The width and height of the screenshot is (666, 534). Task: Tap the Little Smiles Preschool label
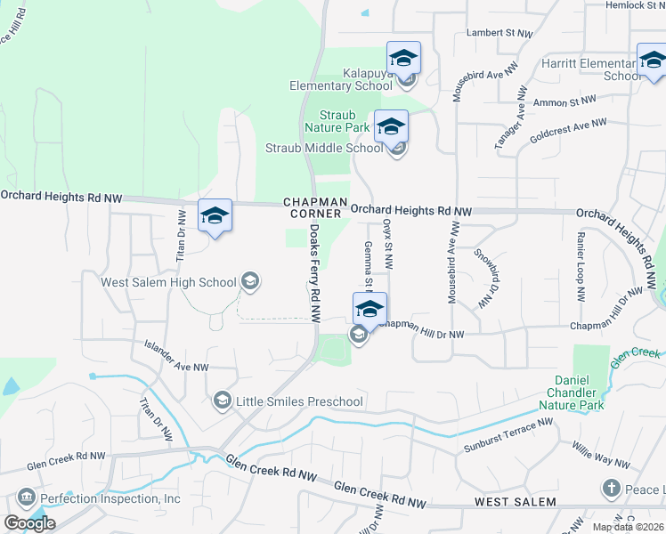(x=299, y=401)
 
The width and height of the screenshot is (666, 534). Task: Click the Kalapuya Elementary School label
(x=341, y=78)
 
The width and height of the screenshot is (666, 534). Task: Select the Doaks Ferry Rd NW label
(x=315, y=272)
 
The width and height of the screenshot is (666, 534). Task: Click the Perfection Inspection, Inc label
(x=110, y=498)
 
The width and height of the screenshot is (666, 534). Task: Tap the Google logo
(x=29, y=522)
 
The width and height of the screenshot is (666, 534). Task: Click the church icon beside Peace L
(x=611, y=488)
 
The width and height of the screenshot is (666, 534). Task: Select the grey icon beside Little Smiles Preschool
(x=222, y=401)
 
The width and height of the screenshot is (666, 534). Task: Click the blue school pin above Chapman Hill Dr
(x=370, y=311)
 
